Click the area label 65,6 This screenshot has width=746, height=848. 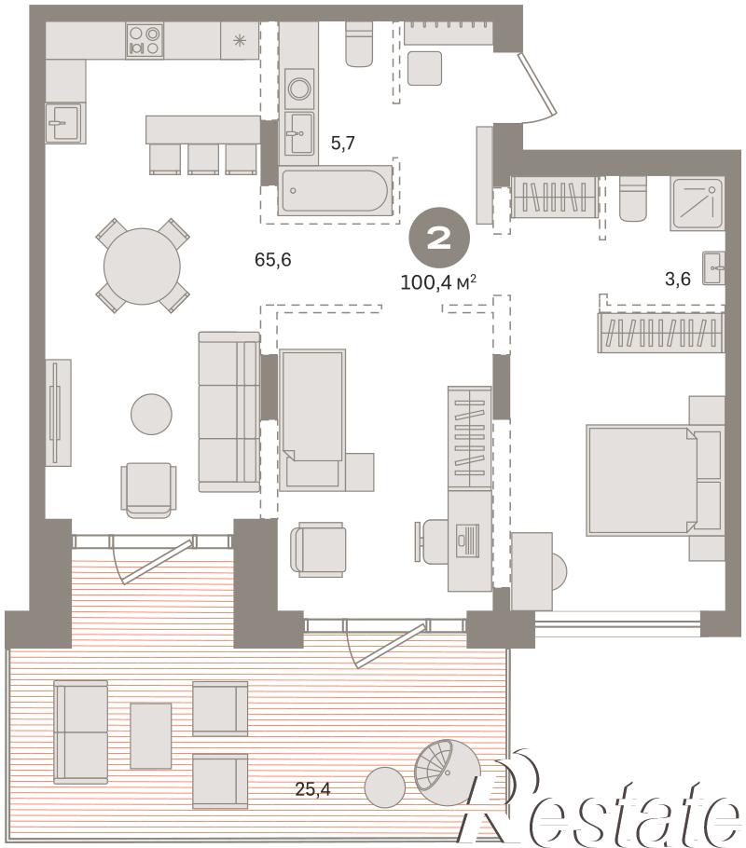pos(273,260)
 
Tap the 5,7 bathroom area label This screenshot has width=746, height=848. pos(342,143)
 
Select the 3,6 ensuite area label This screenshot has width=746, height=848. pos(678,279)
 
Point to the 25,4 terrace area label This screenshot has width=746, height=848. pos(313,789)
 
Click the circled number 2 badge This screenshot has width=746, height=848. pos(439,238)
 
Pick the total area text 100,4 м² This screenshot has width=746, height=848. pos(438,281)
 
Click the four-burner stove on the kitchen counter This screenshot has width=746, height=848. pos(145,41)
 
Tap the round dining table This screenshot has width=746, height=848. pos(142,267)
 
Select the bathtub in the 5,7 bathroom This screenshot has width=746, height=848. pos(335,190)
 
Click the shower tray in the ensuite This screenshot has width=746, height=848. pos(698,204)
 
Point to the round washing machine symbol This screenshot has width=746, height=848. pos(298,89)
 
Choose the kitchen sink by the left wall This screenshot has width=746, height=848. pos(65,123)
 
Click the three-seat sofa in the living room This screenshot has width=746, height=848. pos(229,412)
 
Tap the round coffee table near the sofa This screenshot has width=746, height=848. pos(152,414)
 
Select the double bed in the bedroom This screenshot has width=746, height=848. pos(655,480)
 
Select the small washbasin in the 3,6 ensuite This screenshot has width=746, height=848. pos(713,267)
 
